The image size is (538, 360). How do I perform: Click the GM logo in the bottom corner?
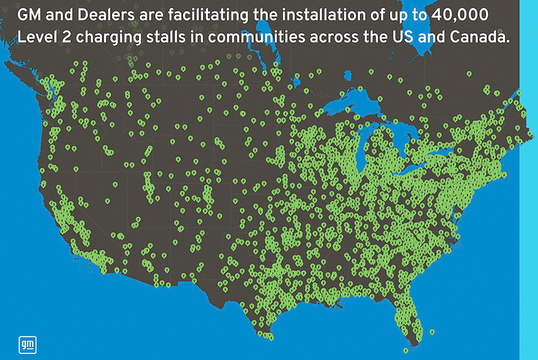pos(26,344)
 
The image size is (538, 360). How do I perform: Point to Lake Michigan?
pos(370,146)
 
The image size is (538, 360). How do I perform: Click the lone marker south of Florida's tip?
pos(406,350)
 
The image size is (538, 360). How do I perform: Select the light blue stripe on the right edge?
pos(528,204)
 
